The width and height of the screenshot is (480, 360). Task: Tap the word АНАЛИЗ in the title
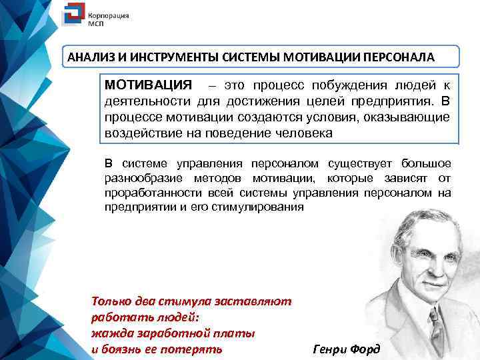(x=89, y=57)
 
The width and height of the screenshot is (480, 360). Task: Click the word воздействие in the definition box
(x=138, y=132)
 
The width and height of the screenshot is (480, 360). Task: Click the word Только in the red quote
(x=112, y=301)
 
